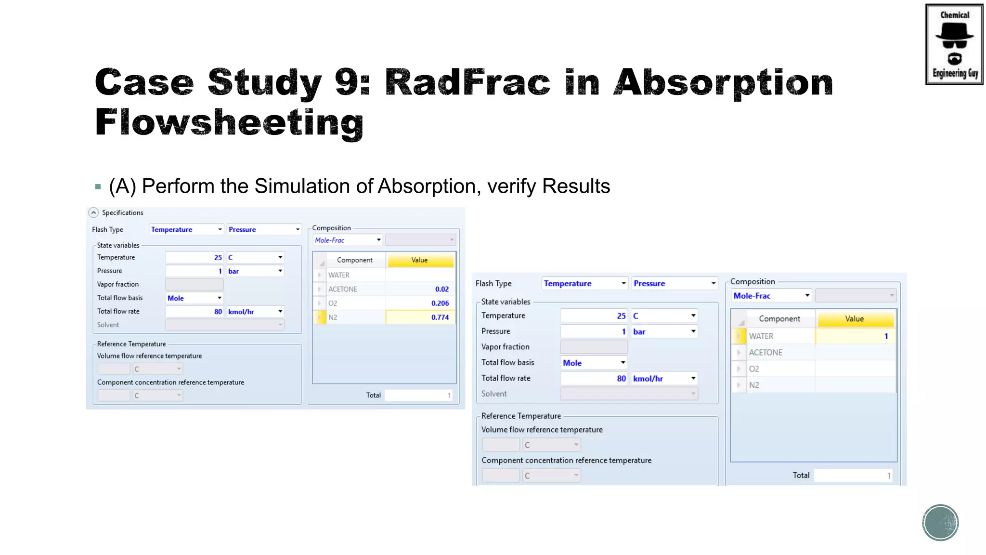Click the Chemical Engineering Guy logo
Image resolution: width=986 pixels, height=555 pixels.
(x=954, y=44)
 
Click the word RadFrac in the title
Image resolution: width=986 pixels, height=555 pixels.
(x=467, y=83)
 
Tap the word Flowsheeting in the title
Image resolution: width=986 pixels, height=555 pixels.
(x=229, y=123)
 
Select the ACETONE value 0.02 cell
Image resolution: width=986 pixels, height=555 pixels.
(x=420, y=289)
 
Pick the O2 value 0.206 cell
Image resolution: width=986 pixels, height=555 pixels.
(x=420, y=303)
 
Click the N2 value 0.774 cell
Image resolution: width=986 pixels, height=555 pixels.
(x=420, y=317)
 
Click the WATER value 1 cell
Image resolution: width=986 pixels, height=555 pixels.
(x=855, y=336)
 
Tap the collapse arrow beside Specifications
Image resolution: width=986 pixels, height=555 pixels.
(x=93, y=212)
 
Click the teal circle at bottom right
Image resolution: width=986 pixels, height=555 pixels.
(x=940, y=523)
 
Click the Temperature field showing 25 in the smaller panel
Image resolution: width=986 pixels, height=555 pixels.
(x=195, y=258)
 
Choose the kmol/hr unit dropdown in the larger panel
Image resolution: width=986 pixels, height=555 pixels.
(x=664, y=379)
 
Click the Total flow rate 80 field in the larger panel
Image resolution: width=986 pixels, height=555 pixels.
(x=594, y=379)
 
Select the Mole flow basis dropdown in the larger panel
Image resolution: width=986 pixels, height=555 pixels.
(x=594, y=363)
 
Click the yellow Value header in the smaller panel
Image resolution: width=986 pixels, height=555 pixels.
(x=419, y=260)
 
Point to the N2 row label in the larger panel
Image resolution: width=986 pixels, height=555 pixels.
(x=754, y=385)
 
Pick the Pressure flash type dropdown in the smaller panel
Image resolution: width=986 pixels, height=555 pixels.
(x=264, y=230)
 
